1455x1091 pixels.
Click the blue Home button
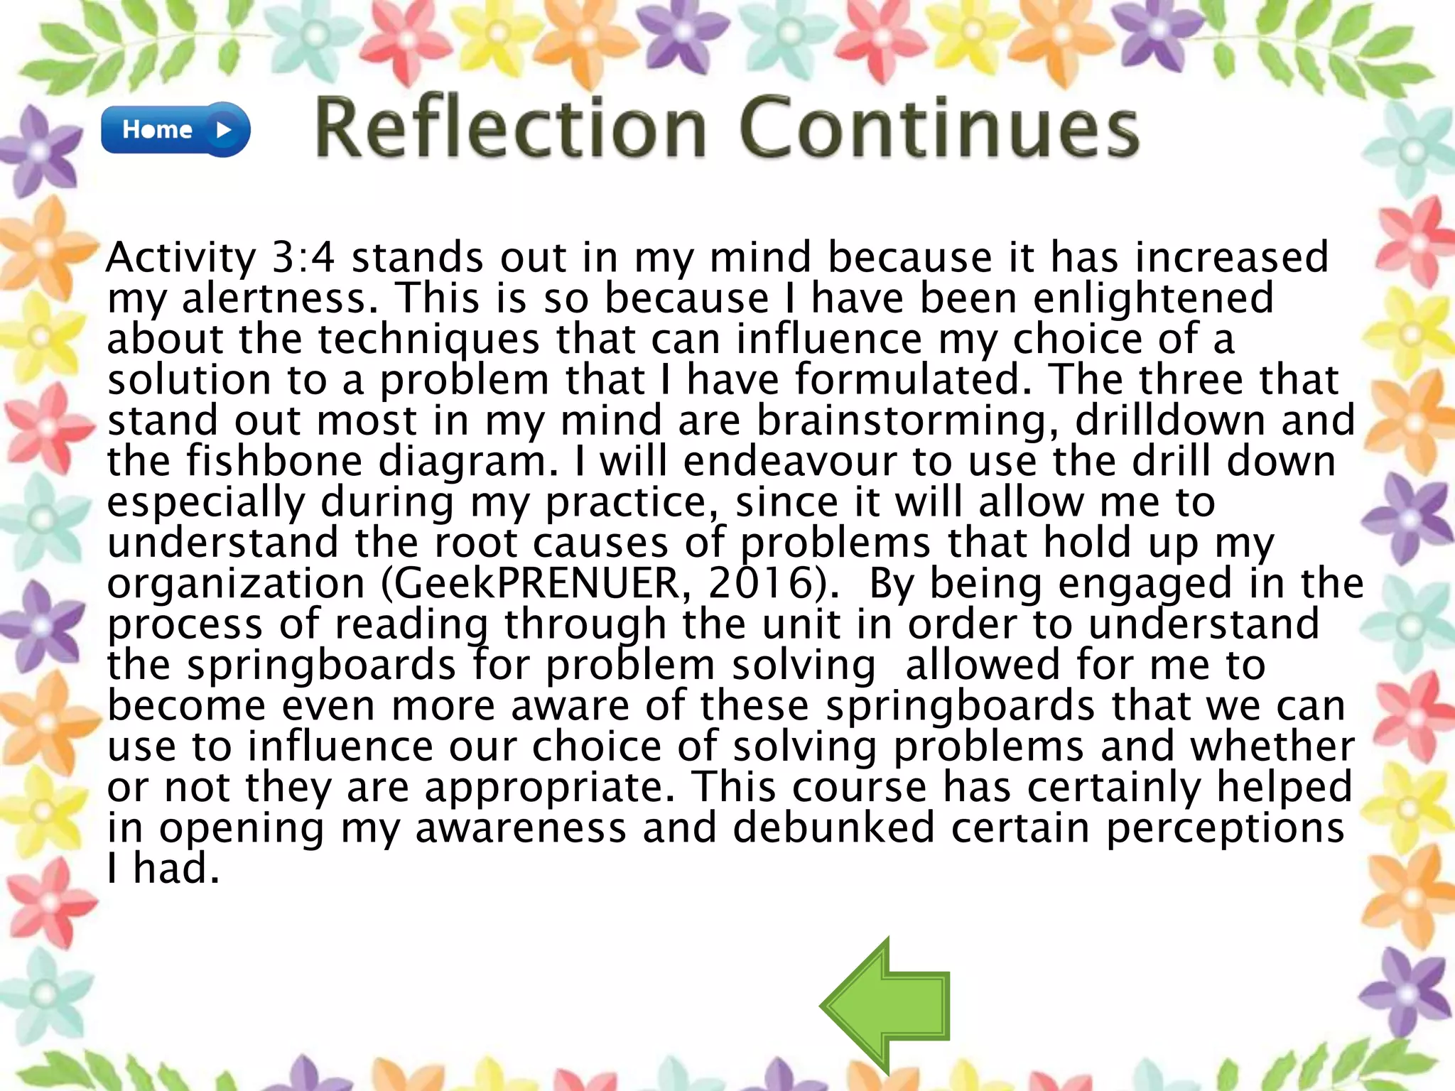click(x=175, y=129)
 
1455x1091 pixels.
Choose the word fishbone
click(x=274, y=462)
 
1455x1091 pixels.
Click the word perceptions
click(x=1225, y=829)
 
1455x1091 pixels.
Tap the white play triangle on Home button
click(x=225, y=130)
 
